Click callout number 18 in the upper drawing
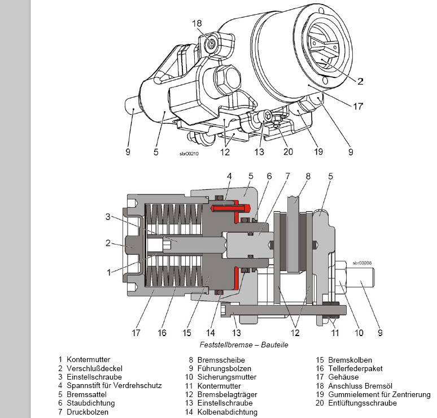pos(196,23)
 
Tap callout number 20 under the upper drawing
pos(289,151)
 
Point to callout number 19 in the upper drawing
pos(318,151)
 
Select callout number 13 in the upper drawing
pos(259,151)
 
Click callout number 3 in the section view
pos(107,216)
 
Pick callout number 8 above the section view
pos(308,177)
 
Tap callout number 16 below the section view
pos(162,333)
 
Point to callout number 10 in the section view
pos(359,333)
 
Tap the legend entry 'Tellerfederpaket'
pos(356,368)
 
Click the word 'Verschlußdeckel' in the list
pos(91,368)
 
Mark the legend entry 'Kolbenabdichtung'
pos(225,412)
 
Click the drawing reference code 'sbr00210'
pos(190,153)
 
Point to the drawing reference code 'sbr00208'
pos(362,263)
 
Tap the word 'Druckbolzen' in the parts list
pos(87,412)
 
